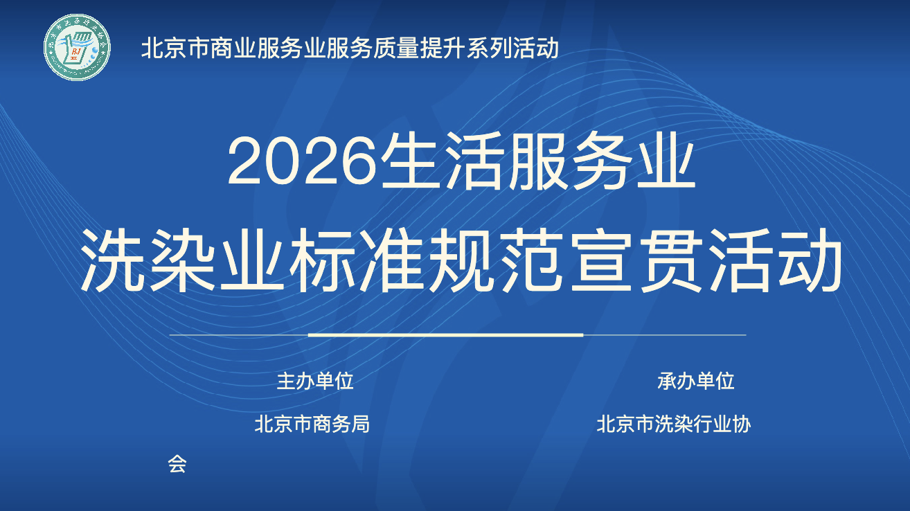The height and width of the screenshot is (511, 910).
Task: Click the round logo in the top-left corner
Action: point(77,47)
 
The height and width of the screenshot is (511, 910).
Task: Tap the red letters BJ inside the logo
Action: point(76,52)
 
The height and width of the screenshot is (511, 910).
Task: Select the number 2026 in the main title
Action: point(302,162)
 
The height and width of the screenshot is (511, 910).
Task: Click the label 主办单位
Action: point(315,381)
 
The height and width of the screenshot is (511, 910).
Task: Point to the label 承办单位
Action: point(695,381)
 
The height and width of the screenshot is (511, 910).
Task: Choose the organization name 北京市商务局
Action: point(312,424)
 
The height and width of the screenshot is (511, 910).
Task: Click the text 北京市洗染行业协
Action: point(674,424)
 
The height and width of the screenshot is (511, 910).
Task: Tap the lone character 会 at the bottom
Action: point(177,464)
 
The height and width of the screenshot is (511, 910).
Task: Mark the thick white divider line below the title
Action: point(446,335)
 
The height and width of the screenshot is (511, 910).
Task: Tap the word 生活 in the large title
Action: point(443,161)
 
